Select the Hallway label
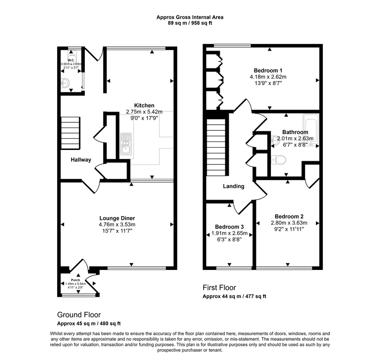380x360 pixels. pyautogui.click(x=81, y=160)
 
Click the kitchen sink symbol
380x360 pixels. pyautogui.click(x=126, y=143)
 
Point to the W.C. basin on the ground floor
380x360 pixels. pyautogui.click(x=65, y=83)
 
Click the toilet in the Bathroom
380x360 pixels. pyautogui.click(x=280, y=161)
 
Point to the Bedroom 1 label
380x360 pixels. pyautogui.click(x=268, y=70)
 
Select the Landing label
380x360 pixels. pyautogui.click(x=233, y=186)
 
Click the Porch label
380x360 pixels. pyautogui.click(x=75, y=280)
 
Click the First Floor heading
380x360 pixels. pyautogui.click(x=219, y=288)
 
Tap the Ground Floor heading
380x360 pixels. pyautogui.click(x=79, y=315)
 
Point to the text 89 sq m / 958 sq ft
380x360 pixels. pyautogui.click(x=190, y=23)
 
